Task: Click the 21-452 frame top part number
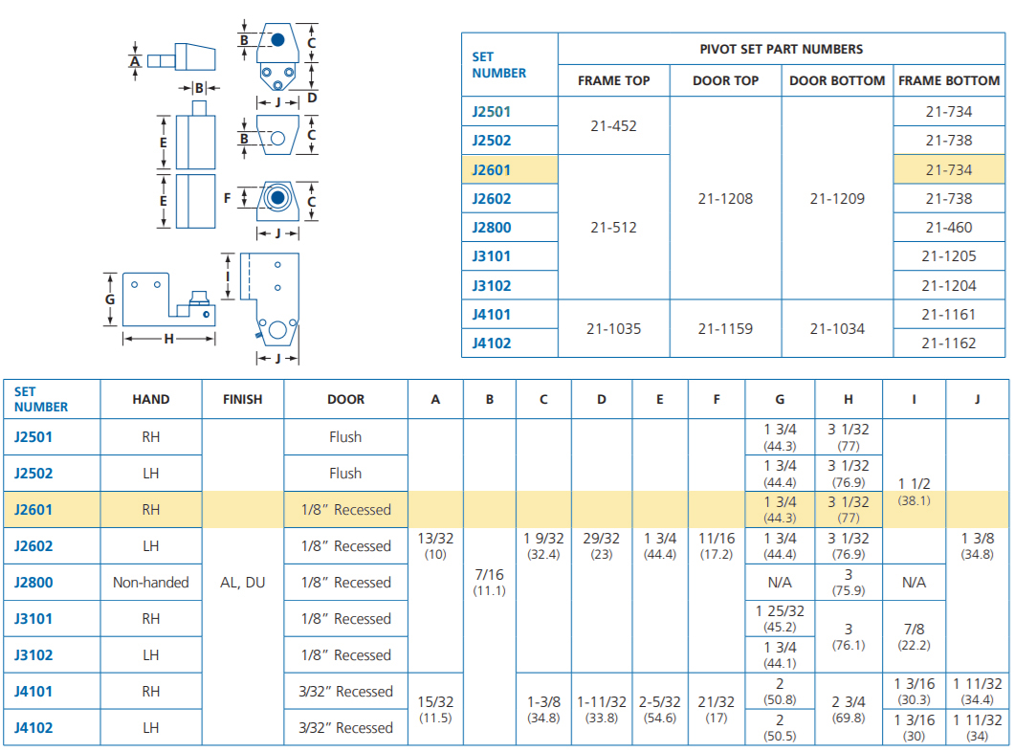[613, 126]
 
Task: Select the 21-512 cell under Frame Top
[613, 228]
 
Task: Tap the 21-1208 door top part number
[725, 198]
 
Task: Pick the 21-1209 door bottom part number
[837, 198]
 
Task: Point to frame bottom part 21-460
[949, 228]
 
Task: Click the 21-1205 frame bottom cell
[949, 256]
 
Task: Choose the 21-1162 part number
[949, 343]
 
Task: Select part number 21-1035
[613, 328]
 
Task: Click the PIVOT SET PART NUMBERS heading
[782, 49]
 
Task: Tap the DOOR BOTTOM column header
[837, 80]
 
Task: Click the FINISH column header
[243, 400]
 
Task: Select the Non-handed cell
[151, 583]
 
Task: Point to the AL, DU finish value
[243, 583]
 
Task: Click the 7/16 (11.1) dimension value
[489, 582]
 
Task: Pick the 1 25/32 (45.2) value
[780, 619]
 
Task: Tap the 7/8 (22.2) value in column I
[914, 637]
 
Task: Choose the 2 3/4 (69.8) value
[848, 709]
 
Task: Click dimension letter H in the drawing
[168, 338]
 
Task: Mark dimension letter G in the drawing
[110, 299]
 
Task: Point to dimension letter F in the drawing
[227, 198]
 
